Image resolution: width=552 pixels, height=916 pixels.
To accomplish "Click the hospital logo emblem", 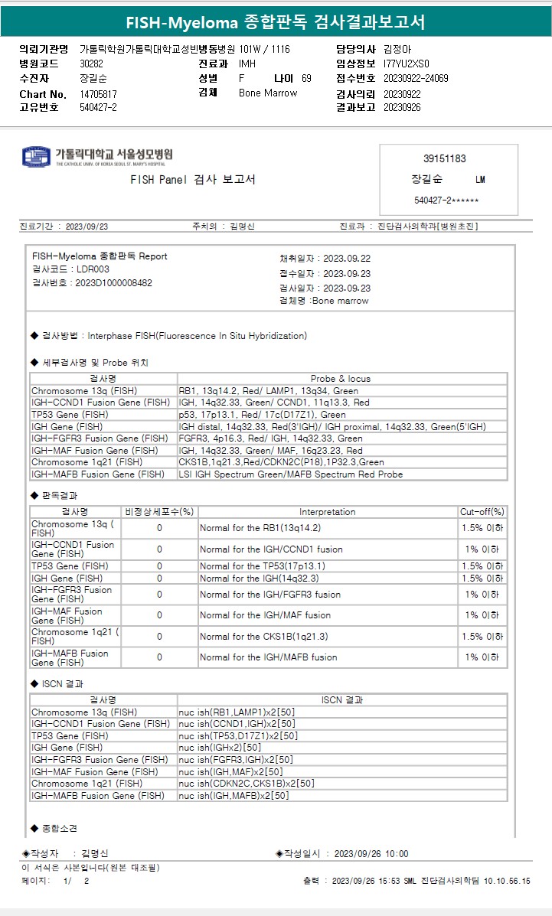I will [x=37, y=157].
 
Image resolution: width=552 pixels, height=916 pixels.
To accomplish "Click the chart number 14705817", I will [x=99, y=94].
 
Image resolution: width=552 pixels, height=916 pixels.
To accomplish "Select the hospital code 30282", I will [x=91, y=64].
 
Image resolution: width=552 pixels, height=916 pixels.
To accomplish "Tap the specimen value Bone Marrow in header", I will [x=268, y=93].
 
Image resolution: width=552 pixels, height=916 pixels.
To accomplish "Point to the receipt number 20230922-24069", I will [x=416, y=79].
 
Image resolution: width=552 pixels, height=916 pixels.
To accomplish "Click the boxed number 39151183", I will [x=444, y=159].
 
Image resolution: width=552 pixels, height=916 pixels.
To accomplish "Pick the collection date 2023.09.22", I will [x=347, y=259].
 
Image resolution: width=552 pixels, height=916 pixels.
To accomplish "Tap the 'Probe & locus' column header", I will [x=341, y=379].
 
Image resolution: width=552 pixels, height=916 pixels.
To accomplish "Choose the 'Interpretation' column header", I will [x=327, y=512].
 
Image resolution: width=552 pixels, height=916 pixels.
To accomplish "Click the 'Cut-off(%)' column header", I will [x=482, y=512].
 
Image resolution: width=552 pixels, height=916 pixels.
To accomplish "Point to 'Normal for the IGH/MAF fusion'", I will [x=265, y=615].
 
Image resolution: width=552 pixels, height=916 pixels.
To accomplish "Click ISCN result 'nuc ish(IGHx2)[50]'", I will [x=220, y=748].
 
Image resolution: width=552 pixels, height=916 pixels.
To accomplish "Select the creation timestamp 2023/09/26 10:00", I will [x=371, y=854].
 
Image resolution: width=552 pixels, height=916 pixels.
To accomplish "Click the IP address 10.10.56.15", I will [x=506, y=882].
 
